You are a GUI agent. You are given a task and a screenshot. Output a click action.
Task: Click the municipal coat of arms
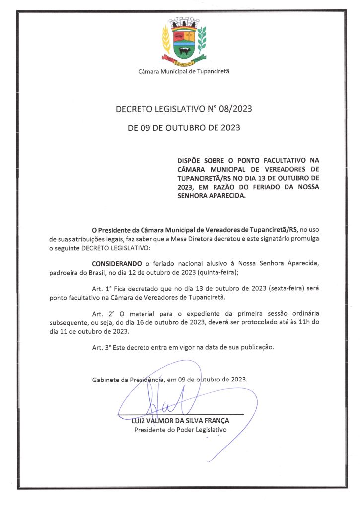pos(184,43)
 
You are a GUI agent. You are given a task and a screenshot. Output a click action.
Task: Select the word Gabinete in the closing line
pos(106,380)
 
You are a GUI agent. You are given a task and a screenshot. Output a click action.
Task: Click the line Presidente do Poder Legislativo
pos(180,430)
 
